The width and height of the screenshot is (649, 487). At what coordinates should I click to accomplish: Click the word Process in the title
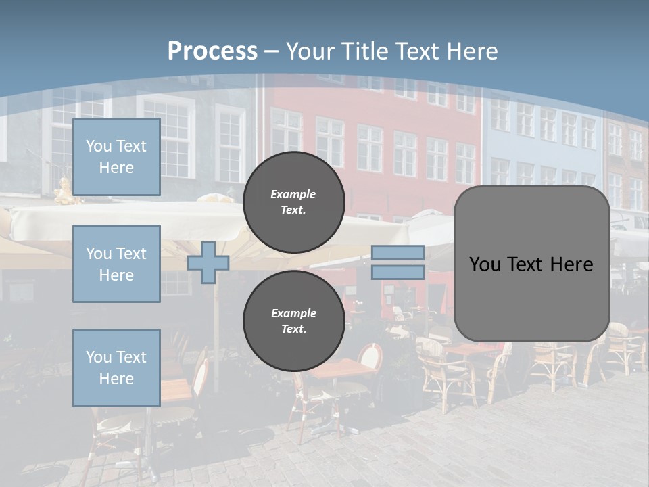[212, 51]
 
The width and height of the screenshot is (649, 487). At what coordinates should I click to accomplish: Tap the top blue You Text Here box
[116, 157]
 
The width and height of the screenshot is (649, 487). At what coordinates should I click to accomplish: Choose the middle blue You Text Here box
[116, 264]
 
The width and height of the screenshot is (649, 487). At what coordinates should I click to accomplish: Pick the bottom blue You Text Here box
[116, 368]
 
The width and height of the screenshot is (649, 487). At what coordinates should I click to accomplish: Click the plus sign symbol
[208, 262]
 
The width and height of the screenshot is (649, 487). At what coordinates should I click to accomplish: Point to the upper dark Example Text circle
[293, 202]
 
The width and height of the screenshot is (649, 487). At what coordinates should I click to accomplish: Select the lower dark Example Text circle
[293, 321]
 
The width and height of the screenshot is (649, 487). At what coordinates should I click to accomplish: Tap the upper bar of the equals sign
[398, 253]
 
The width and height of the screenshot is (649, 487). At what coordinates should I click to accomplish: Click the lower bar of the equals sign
[398, 273]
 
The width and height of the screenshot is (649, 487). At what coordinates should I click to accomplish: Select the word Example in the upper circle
[293, 194]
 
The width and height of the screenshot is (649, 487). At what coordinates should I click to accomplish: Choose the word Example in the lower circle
[293, 313]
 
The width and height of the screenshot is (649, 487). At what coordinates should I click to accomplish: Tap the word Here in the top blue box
[116, 168]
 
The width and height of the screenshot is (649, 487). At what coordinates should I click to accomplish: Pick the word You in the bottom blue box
[99, 356]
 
